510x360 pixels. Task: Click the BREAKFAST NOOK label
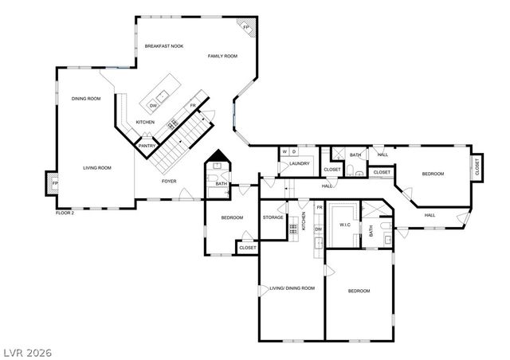coord(163,46)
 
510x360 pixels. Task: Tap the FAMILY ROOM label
coord(223,56)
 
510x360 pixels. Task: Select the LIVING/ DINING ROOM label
coord(292,288)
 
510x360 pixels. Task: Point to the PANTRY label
coord(147,146)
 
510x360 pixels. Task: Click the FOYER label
coord(169,181)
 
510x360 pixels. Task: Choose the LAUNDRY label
coord(299,164)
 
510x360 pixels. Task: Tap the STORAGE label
coord(273,217)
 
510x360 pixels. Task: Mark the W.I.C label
coord(345,225)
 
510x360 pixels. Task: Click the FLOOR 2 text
coord(65,213)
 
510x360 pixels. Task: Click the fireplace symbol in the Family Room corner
coord(247,28)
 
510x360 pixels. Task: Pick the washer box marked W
coord(284,151)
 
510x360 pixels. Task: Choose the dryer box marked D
coord(294,151)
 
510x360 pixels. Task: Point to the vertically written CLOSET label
coord(477,166)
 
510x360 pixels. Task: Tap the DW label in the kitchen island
coord(153,105)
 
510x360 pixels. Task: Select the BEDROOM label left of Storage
coord(231,217)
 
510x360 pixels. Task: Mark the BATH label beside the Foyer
coord(221,185)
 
